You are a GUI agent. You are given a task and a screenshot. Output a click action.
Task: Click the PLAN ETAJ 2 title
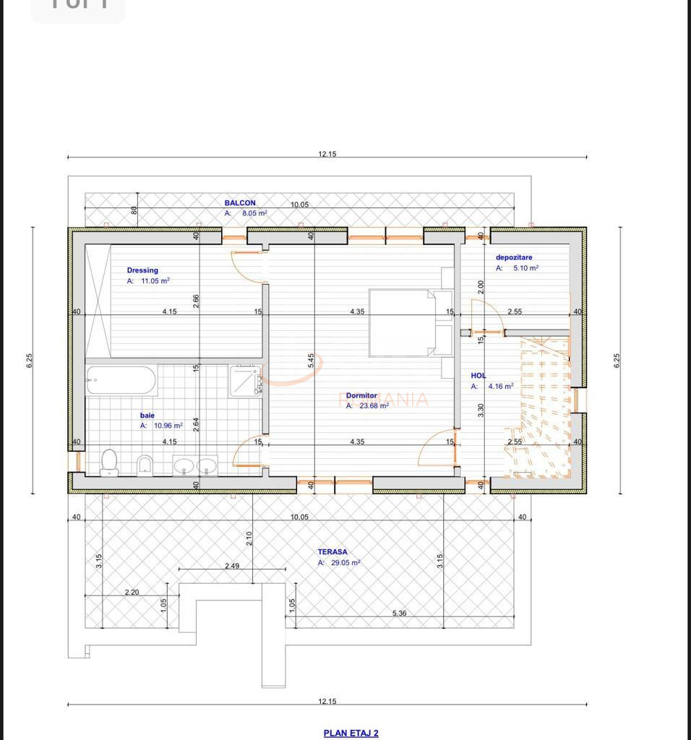[x=351, y=733]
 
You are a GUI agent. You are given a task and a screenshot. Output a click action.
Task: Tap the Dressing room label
[x=142, y=270]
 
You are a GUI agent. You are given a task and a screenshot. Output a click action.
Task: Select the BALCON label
[x=239, y=203]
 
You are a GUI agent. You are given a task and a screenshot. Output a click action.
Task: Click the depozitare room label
[x=514, y=257]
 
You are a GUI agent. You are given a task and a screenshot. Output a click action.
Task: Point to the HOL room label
[x=478, y=376]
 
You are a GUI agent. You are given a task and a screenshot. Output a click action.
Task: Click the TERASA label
[x=332, y=551]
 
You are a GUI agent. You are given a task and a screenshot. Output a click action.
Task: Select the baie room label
[x=147, y=416]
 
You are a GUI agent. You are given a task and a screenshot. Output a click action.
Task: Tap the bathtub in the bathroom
[x=121, y=380]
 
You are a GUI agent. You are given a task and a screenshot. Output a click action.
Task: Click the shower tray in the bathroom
[x=245, y=382]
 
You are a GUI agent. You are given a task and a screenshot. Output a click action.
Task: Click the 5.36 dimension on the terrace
[x=399, y=613]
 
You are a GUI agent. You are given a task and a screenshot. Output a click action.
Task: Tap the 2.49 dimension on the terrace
[x=231, y=565]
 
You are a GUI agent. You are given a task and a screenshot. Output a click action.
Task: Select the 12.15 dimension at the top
[x=327, y=153]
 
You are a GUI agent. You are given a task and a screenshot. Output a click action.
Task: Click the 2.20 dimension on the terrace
[x=132, y=592]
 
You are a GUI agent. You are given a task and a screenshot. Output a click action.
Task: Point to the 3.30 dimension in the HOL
[x=481, y=410]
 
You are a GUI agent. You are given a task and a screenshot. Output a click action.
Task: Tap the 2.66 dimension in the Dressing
[x=196, y=301]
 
